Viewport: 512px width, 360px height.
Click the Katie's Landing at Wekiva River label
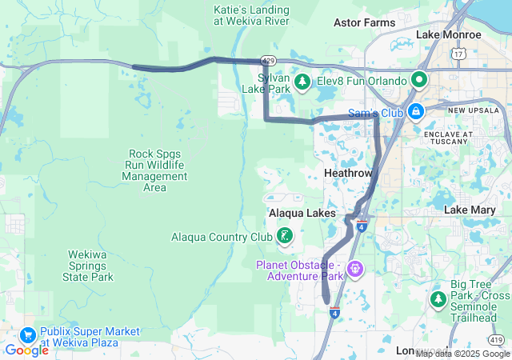point(251,15)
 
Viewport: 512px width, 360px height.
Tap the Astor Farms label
point(364,22)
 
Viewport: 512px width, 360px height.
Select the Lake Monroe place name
point(449,35)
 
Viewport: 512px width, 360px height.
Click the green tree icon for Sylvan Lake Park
point(303,81)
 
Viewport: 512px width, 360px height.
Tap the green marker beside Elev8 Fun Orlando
point(418,80)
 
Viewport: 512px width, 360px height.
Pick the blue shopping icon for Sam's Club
point(415,112)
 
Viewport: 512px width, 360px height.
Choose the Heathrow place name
point(348,173)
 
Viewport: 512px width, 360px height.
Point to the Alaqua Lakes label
point(296,214)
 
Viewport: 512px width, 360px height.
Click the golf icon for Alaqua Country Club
point(284,235)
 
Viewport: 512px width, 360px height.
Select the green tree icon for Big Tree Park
point(438,298)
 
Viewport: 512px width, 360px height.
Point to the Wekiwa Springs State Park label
point(87,266)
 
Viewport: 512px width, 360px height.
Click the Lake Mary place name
point(471,210)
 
